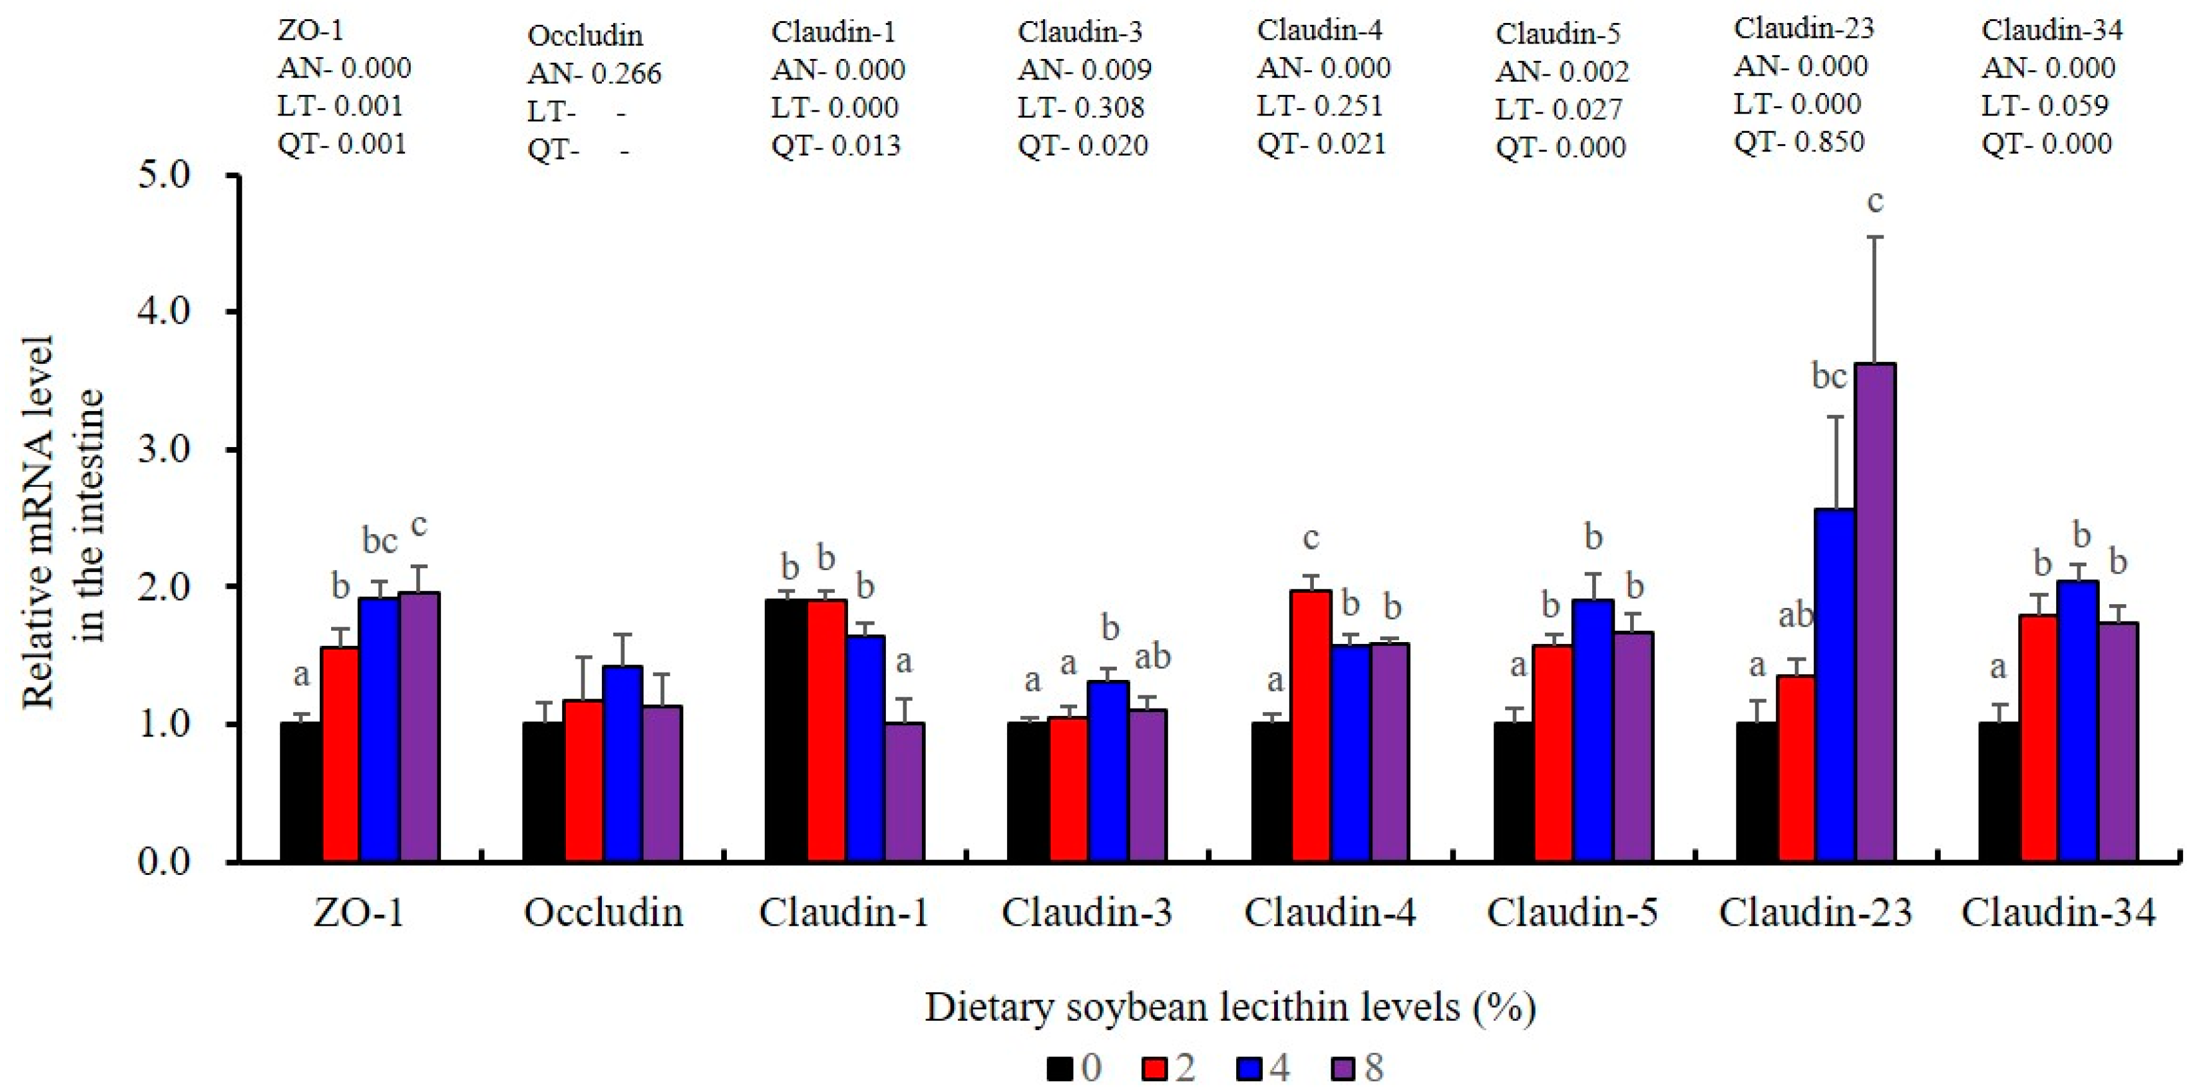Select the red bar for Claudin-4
1310,725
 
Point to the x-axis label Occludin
604,913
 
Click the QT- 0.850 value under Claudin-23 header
1800,142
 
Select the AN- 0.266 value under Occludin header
594,73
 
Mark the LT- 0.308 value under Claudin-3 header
1081,107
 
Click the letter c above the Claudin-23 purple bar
1875,202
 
